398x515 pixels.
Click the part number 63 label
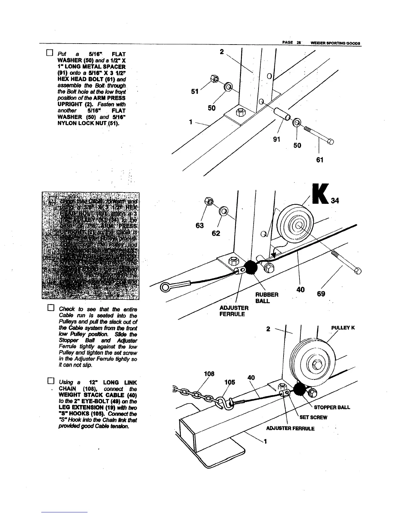[199, 225]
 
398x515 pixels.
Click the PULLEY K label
[343, 328]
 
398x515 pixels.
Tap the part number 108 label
[209, 374]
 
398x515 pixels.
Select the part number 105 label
[230, 382]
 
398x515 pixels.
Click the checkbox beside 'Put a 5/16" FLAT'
[49, 53]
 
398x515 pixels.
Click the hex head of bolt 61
[330, 141]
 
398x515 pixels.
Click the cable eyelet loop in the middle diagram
[166, 288]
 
